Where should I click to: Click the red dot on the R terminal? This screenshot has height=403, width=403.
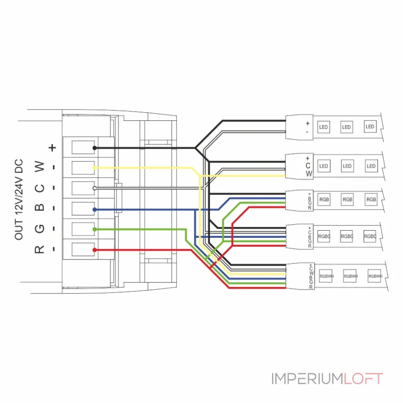pos(95,249)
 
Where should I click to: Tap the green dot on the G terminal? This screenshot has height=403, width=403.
pos(95,229)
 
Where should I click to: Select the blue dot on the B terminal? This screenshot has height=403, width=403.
pos(95,209)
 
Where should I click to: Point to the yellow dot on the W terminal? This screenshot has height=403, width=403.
pos(95,167)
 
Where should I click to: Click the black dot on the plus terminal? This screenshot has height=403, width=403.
pos(95,148)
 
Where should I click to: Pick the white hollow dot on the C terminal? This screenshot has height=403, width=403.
pos(95,188)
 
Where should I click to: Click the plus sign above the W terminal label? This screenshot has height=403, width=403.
pos(52,148)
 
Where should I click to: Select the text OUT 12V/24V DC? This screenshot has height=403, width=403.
pos(19,199)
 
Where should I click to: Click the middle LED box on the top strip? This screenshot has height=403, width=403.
pos(347,127)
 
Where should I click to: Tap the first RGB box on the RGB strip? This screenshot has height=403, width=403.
pos(324,199)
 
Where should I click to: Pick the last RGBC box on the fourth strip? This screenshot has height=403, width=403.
pos(370,236)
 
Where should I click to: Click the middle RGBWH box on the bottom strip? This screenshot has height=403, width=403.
pos(350,276)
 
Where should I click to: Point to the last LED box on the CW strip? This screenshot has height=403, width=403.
pos(371,166)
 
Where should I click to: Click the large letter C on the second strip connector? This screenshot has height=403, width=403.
pos(308,165)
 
